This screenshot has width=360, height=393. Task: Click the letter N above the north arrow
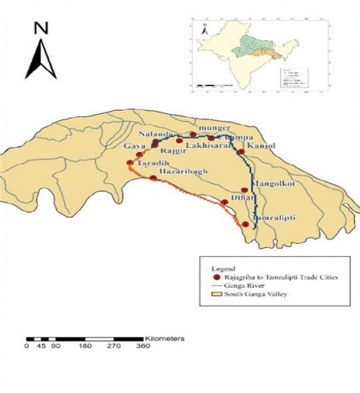pos(41,29)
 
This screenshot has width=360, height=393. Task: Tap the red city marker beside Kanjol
pos(241,151)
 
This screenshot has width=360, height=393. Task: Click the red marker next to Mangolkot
pos(244,190)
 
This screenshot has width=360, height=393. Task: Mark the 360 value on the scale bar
pos(144,346)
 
